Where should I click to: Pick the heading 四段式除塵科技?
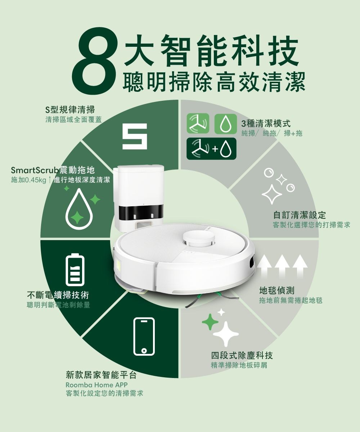[x=242, y=356]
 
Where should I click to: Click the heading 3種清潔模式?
[x=266, y=123]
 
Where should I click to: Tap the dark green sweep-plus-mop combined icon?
[x=211, y=149]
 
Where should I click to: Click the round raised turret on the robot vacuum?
[x=199, y=239]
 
